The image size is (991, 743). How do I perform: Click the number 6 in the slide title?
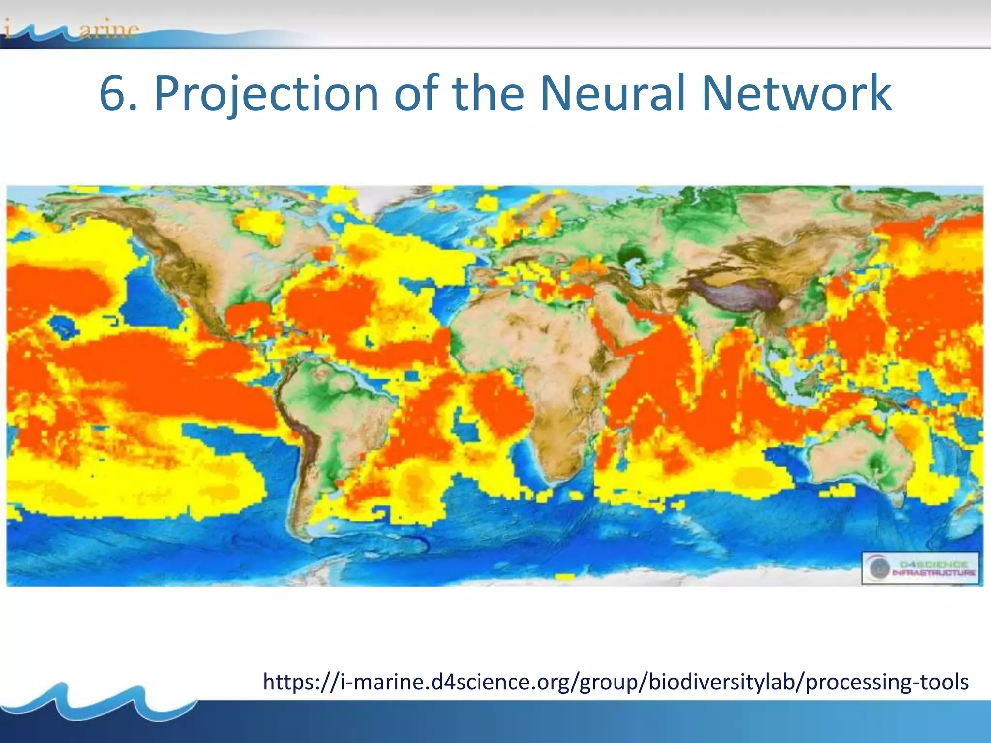click(115, 94)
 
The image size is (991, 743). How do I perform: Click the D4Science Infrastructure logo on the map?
click(920, 568)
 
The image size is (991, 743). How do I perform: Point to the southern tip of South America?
click(305, 532)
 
